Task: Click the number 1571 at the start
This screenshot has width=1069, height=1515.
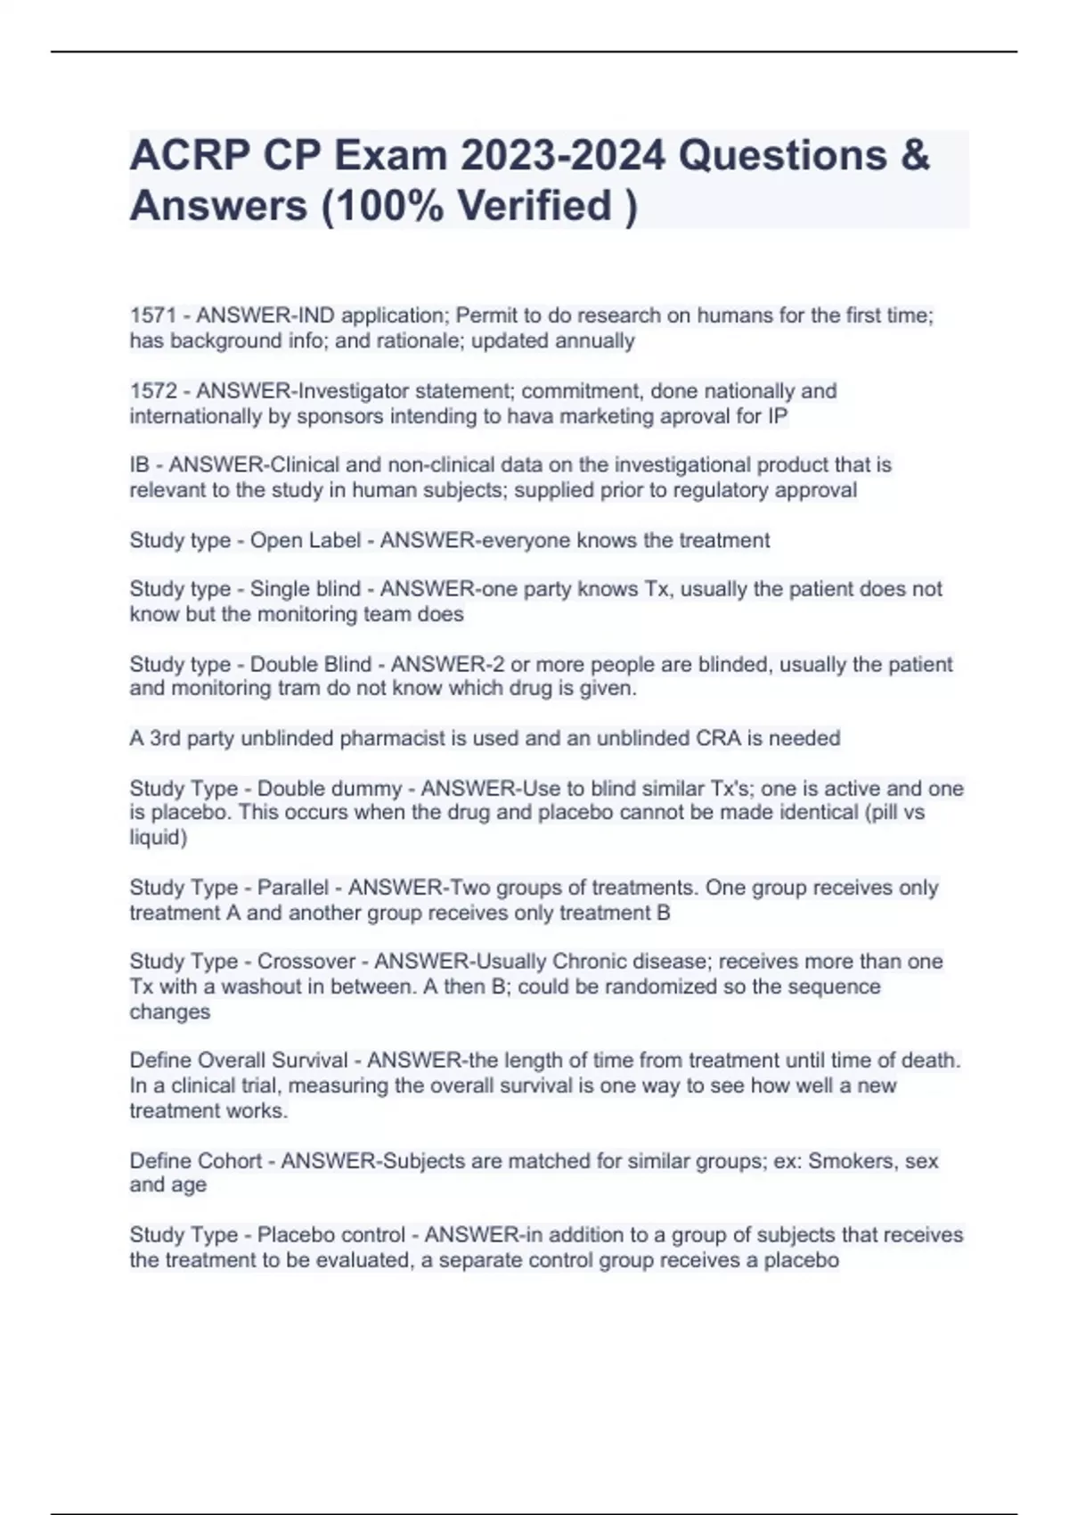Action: [x=152, y=315]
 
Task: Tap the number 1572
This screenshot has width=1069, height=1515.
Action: [x=152, y=391]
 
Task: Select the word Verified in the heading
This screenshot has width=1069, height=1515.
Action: [x=534, y=206]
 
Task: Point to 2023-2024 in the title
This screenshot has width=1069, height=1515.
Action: [x=562, y=155]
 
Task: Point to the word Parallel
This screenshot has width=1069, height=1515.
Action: [x=293, y=888]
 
